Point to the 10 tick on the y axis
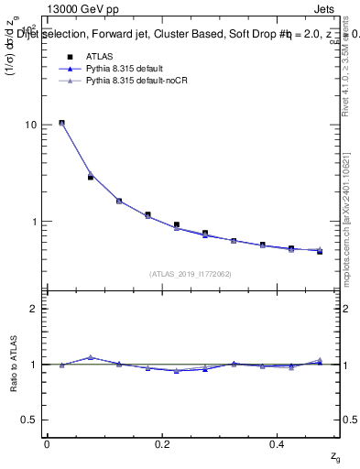coord(30,125)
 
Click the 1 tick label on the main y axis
coord(33,222)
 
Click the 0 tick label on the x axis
coord(46,444)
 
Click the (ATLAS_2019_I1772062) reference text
coord(191,274)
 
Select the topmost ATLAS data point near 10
coord(61,123)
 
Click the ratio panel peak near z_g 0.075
coord(90,357)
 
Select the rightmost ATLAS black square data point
coord(320,251)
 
